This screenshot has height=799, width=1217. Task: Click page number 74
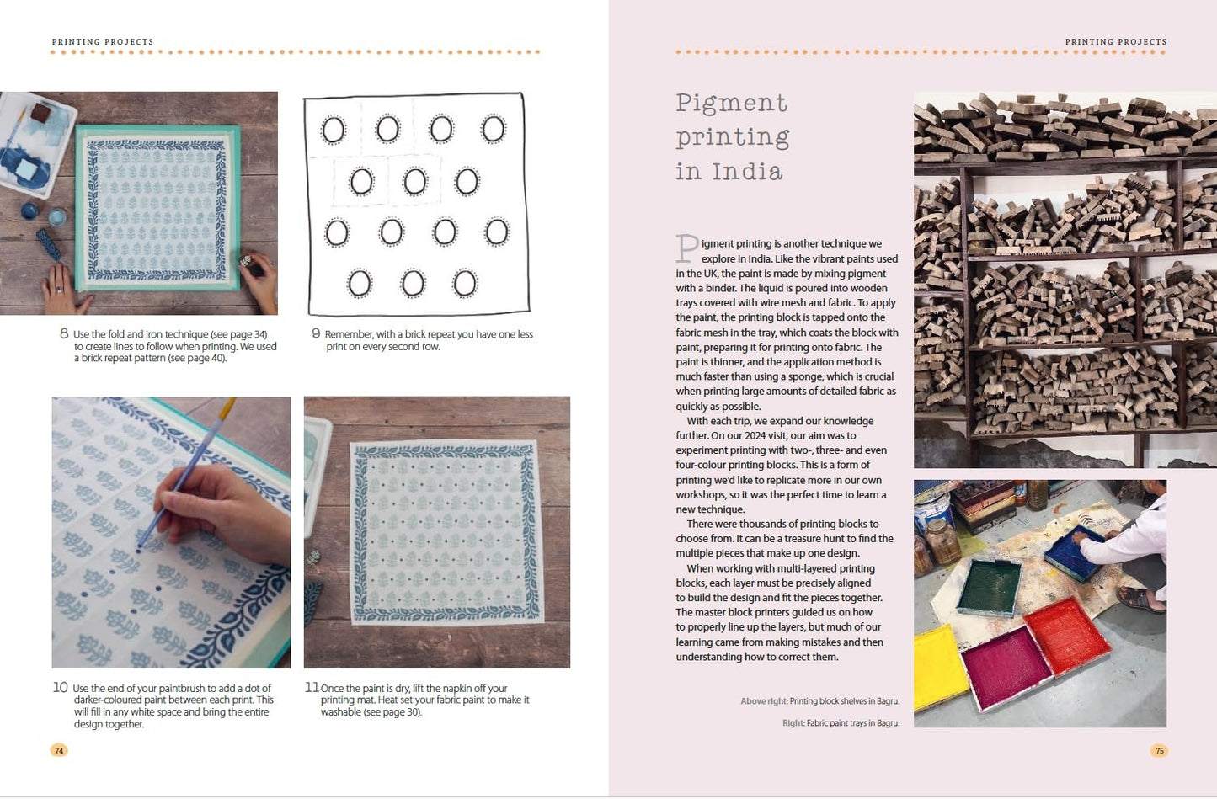(59, 750)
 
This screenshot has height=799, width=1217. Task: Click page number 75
(1159, 750)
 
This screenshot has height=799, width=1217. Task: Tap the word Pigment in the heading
(731, 104)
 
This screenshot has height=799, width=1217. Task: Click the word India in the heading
(747, 172)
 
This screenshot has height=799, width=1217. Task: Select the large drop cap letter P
(686, 249)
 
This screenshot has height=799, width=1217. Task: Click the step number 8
(64, 333)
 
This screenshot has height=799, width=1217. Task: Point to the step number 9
(316, 333)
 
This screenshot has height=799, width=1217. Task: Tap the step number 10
(60, 688)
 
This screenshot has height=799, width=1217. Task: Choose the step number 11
(312, 688)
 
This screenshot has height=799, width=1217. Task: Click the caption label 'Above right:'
(764, 701)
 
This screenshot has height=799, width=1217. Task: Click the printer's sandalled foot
(1142, 599)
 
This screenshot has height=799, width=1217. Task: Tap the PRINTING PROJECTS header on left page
(103, 41)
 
